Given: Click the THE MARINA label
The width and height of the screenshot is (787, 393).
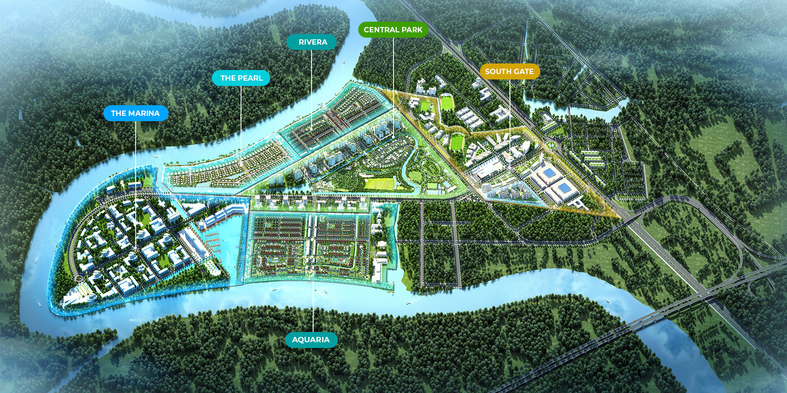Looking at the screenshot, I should pyautogui.click(x=135, y=113).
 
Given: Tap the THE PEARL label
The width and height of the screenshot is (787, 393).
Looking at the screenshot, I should pyautogui.click(x=241, y=78).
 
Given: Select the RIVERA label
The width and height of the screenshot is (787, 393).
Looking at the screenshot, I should pyautogui.click(x=312, y=42).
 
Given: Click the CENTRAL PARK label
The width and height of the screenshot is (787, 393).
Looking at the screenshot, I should pyautogui.click(x=393, y=30).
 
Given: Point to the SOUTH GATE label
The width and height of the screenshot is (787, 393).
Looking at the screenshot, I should pyautogui.click(x=509, y=72).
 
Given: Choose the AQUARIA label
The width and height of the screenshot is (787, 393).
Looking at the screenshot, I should pyautogui.click(x=311, y=340).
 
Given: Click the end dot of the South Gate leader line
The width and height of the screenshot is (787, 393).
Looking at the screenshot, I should pyautogui.click(x=509, y=167).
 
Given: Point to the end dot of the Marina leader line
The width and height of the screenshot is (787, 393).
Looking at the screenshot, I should pyautogui.click(x=135, y=248).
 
